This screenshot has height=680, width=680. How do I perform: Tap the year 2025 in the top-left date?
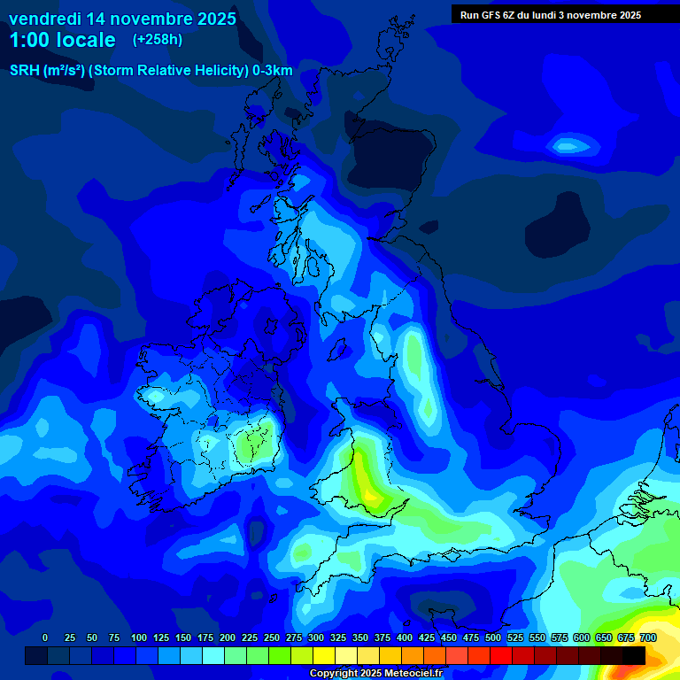point(212,19)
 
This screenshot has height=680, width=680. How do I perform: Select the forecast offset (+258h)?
point(157,40)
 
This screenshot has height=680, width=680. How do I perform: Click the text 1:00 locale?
point(62,41)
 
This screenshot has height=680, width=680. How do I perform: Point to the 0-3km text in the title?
point(273,71)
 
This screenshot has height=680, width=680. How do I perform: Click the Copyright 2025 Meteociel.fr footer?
point(375,674)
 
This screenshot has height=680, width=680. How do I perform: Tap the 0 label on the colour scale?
point(45,638)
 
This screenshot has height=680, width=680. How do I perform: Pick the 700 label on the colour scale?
point(647,638)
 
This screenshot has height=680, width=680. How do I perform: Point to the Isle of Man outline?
point(337,348)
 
